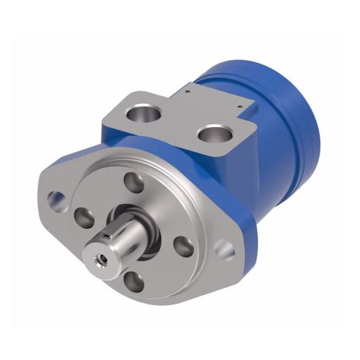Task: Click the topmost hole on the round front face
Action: tap(134, 181)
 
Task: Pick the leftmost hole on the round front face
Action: tap(85, 216)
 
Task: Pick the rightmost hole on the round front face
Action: tap(183, 246)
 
